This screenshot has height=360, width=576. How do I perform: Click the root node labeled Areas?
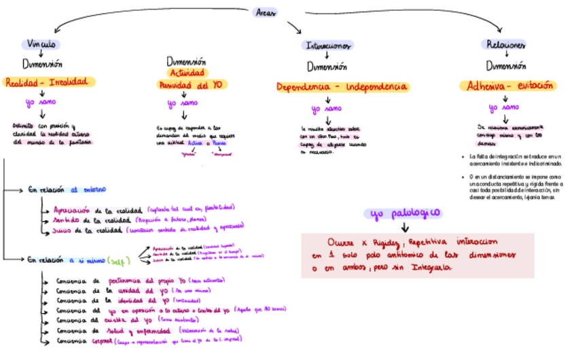click(266, 12)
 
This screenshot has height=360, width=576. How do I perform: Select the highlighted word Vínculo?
click(42, 44)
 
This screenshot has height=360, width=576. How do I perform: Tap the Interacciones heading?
click(327, 46)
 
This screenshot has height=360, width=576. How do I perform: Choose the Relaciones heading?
click(505, 45)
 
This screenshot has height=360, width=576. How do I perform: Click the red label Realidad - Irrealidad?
click(47, 82)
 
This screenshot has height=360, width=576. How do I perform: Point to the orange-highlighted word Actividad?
click(187, 73)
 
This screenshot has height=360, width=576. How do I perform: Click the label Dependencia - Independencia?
click(342, 88)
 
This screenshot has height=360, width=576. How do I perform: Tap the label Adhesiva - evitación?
click(507, 86)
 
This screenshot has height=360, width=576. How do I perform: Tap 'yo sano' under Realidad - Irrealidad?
click(40, 104)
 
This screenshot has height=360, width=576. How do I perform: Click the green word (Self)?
click(119, 259)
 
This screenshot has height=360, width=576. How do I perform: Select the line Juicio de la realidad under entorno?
click(88, 231)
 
